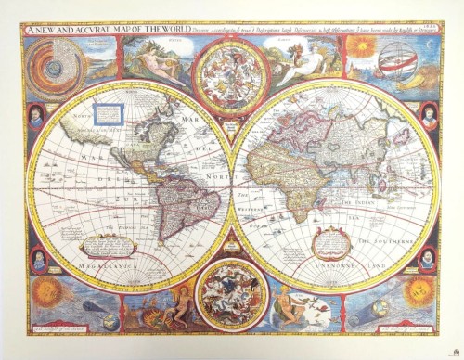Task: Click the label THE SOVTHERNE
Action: coord(380,235)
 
